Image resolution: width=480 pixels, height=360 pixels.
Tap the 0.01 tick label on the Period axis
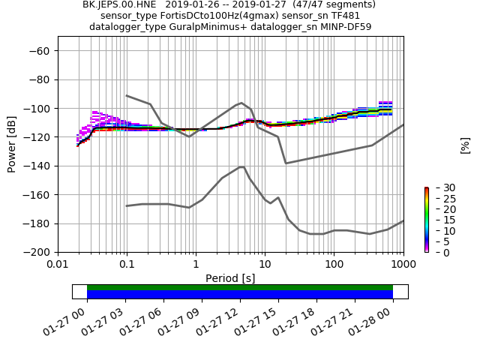(x=58, y=265)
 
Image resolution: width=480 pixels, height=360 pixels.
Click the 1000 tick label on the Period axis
(x=403, y=265)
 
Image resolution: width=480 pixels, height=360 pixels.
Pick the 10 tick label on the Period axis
(x=265, y=265)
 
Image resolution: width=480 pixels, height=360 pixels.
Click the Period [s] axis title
(x=230, y=278)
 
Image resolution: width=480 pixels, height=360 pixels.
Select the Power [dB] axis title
(x=12, y=144)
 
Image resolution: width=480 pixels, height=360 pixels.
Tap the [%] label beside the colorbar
(x=465, y=145)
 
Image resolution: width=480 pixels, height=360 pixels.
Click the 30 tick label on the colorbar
(x=439, y=187)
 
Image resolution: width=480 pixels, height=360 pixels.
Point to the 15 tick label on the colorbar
(x=439, y=220)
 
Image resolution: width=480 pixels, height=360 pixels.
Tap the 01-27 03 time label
(x=110, y=320)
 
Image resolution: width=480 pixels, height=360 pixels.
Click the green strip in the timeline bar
(x=240, y=287)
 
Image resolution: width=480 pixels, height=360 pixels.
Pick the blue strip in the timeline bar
(x=240, y=294)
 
